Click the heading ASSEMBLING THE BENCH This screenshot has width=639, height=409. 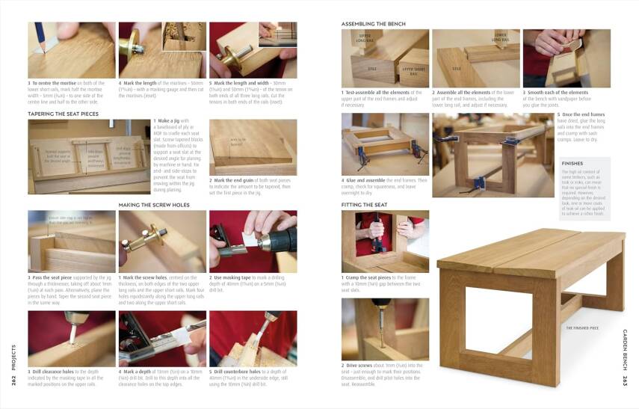[374, 24]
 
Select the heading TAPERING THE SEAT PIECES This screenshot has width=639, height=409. [63, 114]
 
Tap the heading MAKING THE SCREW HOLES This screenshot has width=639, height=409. [153, 204]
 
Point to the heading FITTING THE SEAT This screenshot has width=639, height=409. [365, 204]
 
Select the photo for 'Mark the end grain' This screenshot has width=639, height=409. [253, 147]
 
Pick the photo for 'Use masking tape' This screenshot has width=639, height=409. [253, 241]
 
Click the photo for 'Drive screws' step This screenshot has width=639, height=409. [385, 329]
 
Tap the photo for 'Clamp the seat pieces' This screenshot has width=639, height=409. [385, 241]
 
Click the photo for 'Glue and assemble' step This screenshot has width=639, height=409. [385, 144]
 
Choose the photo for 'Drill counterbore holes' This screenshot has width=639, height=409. [253, 338]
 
